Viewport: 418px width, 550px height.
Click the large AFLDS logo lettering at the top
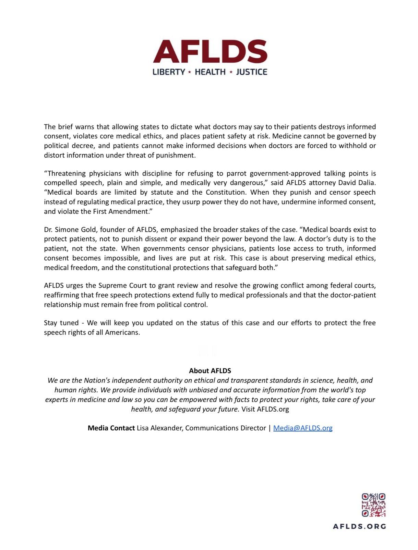click(210, 52)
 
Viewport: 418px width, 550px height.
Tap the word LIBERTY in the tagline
click(169, 72)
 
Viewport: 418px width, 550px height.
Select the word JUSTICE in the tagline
click(252, 72)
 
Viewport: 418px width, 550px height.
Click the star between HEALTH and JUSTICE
click(231, 72)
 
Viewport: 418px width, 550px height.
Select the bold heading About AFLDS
click(210, 371)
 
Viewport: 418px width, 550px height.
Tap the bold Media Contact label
click(111, 428)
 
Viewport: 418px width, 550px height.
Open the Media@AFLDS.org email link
click(303, 428)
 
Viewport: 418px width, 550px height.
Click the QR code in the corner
click(373, 505)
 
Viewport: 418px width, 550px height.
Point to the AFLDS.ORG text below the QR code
click(359, 526)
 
